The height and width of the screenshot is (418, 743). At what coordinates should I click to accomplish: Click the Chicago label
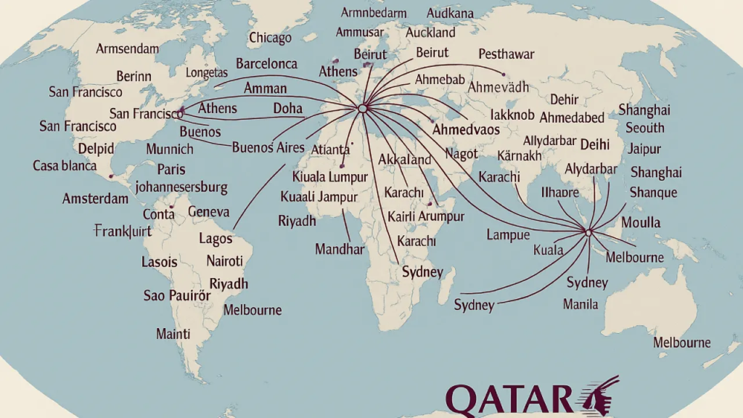270,38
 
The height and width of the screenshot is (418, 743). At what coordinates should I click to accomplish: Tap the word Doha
288,109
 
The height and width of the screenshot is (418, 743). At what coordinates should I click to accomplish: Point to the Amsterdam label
96,199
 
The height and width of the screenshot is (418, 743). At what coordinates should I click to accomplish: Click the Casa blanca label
65,165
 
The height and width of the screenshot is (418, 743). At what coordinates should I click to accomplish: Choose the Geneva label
208,212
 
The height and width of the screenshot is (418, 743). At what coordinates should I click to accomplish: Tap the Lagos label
215,238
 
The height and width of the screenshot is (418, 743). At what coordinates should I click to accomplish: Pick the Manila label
580,304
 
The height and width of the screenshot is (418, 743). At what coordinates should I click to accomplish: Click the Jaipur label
645,149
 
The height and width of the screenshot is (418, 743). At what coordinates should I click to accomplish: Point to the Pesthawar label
506,54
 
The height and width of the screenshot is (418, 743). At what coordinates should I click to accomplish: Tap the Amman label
265,89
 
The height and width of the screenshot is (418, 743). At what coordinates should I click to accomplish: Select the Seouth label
645,128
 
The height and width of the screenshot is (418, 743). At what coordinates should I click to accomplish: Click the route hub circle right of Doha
362,108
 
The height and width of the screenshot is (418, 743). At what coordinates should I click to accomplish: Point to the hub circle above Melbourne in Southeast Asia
588,232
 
